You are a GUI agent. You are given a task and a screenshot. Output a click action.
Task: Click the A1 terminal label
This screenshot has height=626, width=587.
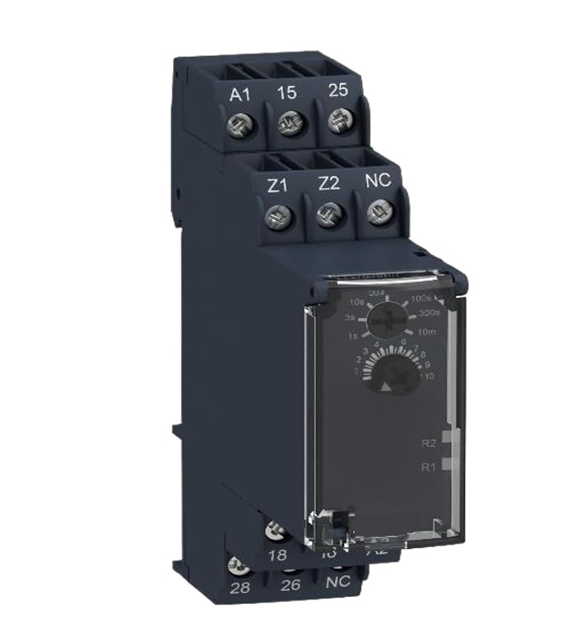point(239,96)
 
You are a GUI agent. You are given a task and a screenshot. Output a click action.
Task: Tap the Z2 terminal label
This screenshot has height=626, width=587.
point(328,184)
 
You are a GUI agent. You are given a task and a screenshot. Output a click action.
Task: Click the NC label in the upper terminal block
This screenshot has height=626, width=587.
point(378,180)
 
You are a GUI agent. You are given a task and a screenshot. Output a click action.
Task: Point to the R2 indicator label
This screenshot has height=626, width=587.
point(428,443)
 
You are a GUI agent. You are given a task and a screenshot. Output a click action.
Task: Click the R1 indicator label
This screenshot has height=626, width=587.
point(428,467)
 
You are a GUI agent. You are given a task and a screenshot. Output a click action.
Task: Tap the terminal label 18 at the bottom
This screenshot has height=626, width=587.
point(278,555)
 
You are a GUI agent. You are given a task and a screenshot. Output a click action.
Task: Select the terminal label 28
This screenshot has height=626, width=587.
point(240,588)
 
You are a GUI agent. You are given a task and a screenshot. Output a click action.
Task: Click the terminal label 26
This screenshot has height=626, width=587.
point(290,585)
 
